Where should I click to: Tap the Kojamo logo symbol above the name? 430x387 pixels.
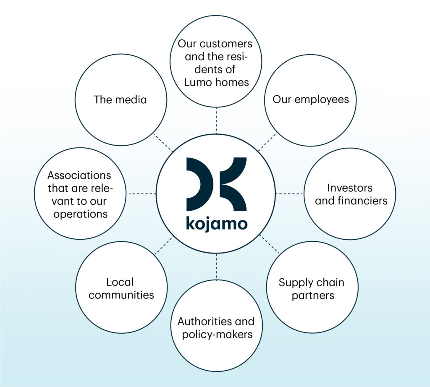[x=216, y=184]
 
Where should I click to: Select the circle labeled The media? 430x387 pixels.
[x=121, y=100]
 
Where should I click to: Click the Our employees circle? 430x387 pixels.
[x=311, y=100]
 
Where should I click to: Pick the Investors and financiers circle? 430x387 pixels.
[x=350, y=194]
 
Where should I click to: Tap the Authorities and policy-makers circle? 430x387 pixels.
[x=216, y=328]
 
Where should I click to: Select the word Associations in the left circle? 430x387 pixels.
[x=79, y=175]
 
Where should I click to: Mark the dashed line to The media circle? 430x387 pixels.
[x=163, y=143]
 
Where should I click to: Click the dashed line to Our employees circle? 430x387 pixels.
[x=267, y=142]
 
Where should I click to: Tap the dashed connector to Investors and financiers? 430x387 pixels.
[x=289, y=193]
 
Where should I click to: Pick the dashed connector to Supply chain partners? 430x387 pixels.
[x=269, y=244]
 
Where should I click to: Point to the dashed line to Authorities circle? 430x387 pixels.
[x=217, y=267]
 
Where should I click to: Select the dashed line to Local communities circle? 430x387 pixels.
[x=164, y=246]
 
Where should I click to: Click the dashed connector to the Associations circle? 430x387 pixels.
[x=142, y=193]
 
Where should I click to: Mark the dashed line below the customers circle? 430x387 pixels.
[x=217, y=120]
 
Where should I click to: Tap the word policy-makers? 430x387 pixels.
[x=216, y=335]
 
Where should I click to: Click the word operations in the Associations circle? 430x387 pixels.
[x=79, y=214]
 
